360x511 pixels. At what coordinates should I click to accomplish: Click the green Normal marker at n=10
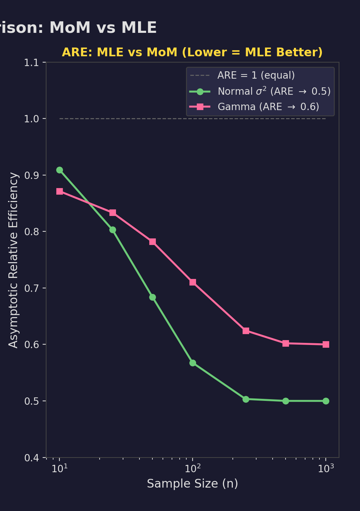pos(59,170)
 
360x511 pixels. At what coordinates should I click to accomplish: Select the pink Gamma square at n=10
pos(59,191)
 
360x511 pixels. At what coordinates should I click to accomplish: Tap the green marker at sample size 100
pos(193,363)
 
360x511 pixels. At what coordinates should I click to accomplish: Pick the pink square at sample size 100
pos(193,282)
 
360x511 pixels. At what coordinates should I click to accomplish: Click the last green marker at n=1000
pos(326,401)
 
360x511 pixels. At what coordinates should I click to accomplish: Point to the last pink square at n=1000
pos(326,344)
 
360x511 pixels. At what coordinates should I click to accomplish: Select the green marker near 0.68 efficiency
pos(152,297)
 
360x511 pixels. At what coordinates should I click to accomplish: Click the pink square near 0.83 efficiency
pos(113,213)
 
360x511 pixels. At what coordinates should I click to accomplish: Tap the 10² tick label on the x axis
pos(193,468)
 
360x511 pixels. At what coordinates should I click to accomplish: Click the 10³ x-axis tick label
pos(326,468)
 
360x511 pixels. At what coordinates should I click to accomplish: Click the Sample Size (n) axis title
pos(192,484)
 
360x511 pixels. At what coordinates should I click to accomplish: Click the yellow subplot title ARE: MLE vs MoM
pos(192,52)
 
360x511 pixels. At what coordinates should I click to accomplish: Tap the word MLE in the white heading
pos(139,28)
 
